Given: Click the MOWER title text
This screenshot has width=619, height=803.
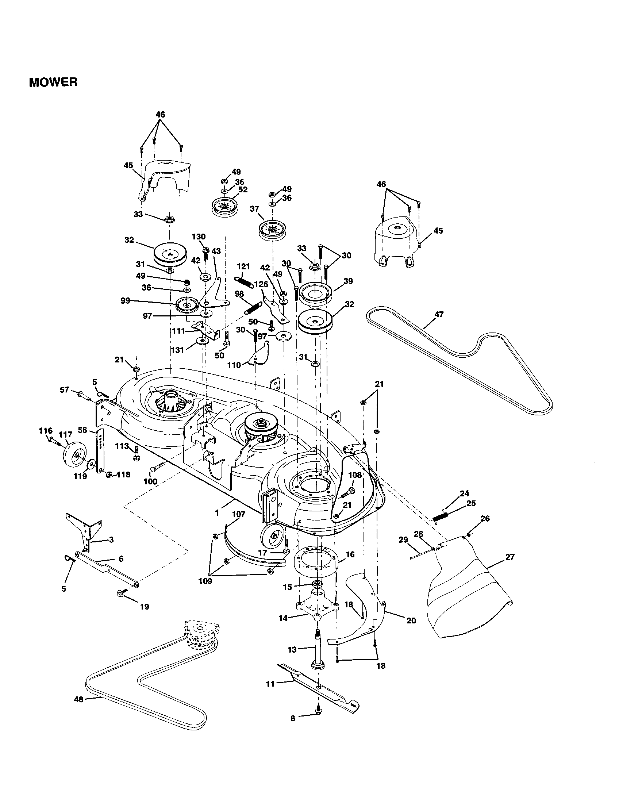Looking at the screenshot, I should pyautogui.click(x=53, y=82).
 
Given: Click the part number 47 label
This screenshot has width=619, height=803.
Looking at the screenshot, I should pyautogui.click(x=439, y=314).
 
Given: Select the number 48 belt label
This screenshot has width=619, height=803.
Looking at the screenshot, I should pyautogui.click(x=78, y=699).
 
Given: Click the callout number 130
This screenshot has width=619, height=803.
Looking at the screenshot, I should pyautogui.click(x=199, y=237).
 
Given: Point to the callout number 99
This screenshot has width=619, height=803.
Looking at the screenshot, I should pyautogui.click(x=126, y=301).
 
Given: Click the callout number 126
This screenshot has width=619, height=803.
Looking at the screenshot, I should pyautogui.click(x=261, y=285).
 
